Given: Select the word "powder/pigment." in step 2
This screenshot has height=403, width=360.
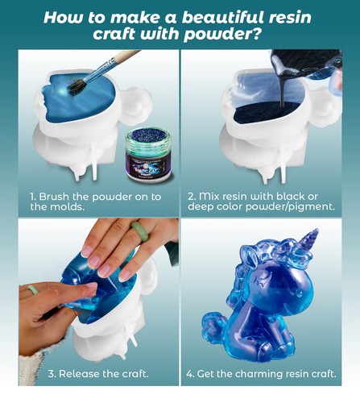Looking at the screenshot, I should point(301,207).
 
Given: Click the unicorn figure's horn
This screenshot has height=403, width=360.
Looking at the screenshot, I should point(308,243).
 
